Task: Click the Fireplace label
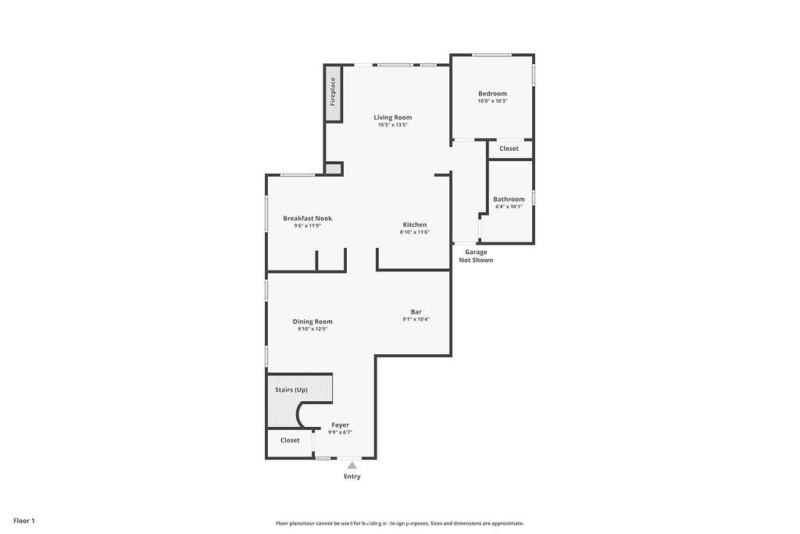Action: tap(333, 91)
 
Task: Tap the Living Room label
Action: tap(393, 117)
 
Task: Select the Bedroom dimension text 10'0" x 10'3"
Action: tap(492, 101)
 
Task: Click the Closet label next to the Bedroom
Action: tap(509, 149)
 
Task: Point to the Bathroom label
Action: tap(509, 199)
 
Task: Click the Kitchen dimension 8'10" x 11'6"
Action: tap(415, 232)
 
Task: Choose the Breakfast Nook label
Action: tap(308, 218)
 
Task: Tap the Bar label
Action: tap(416, 312)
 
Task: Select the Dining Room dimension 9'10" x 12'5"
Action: tap(312, 329)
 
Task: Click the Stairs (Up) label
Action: tap(291, 390)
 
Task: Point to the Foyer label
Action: tap(341, 425)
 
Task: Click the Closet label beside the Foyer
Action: tap(290, 440)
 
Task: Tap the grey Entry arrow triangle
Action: tap(352, 465)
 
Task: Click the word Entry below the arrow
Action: tap(352, 476)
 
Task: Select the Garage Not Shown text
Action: tap(476, 256)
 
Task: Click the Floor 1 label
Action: tap(24, 521)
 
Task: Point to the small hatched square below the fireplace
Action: tap(333, 168)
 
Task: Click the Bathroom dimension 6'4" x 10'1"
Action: tap(509, 206)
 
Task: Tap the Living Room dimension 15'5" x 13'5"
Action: tap(393, 125)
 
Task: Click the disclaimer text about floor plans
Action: tap(400, 523)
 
